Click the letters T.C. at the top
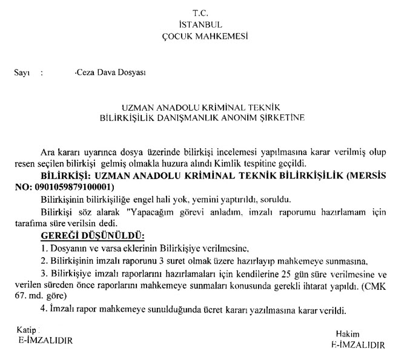tap(201, 13)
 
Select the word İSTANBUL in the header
tap(201, 25)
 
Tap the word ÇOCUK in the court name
tap(180, 36)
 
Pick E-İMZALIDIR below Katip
tap(44, 341)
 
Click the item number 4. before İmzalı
tap(44, 310)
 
